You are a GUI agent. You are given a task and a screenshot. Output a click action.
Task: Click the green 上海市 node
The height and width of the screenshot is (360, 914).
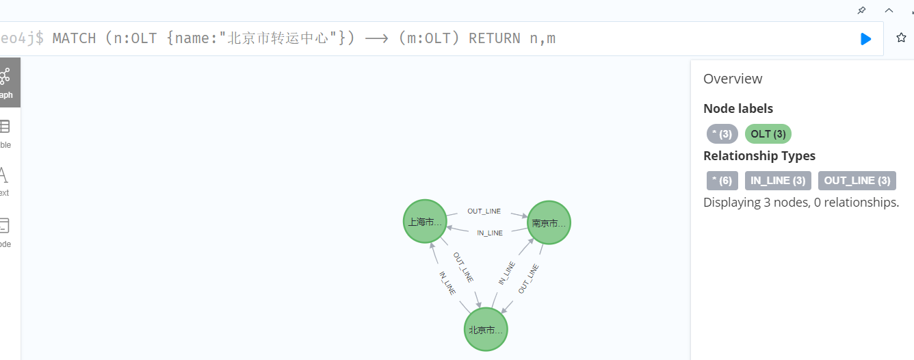point(425,221)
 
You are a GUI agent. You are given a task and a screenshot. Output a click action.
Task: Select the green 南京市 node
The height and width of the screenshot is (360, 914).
point(549,222)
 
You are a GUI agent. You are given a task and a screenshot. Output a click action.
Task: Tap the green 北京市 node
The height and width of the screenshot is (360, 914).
point(486,329)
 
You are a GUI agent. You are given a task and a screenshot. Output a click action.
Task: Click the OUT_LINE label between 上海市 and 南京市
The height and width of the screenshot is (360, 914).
point(484,211)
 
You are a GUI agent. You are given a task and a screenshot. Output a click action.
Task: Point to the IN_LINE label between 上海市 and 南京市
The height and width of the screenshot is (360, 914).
point(490,233)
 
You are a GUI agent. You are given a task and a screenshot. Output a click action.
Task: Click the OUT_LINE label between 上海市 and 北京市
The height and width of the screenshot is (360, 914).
point(463,268)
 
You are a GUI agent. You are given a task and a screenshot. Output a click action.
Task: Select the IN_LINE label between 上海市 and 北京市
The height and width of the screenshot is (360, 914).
point(447,283)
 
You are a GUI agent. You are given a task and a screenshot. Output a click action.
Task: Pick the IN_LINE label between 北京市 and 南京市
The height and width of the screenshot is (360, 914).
point(506,273)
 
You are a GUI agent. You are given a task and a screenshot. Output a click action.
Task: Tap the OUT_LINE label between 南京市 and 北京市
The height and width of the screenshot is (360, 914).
point(529,279)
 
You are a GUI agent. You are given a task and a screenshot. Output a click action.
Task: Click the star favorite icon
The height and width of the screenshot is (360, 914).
point(901,38)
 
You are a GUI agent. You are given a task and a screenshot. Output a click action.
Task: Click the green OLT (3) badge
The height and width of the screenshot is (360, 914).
point(768,134)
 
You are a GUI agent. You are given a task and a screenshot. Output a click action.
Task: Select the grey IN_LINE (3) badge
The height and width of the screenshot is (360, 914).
point(778,181)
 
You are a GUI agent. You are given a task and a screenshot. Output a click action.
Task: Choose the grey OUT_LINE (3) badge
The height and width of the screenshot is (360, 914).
point(857,181)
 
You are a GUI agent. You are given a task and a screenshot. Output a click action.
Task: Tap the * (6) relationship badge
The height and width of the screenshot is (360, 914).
point(722,181)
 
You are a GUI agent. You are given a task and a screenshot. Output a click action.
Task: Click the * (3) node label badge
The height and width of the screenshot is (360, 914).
point(722,134)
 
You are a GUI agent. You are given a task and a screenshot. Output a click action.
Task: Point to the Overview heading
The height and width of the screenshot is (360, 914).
point(733,79)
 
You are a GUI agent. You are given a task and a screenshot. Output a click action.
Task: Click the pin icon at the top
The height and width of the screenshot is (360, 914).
point(861,10)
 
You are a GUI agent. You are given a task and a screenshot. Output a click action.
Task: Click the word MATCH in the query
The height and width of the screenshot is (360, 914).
point(74,38)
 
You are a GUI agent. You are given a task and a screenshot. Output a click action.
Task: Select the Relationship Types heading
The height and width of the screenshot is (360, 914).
point(759,155)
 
